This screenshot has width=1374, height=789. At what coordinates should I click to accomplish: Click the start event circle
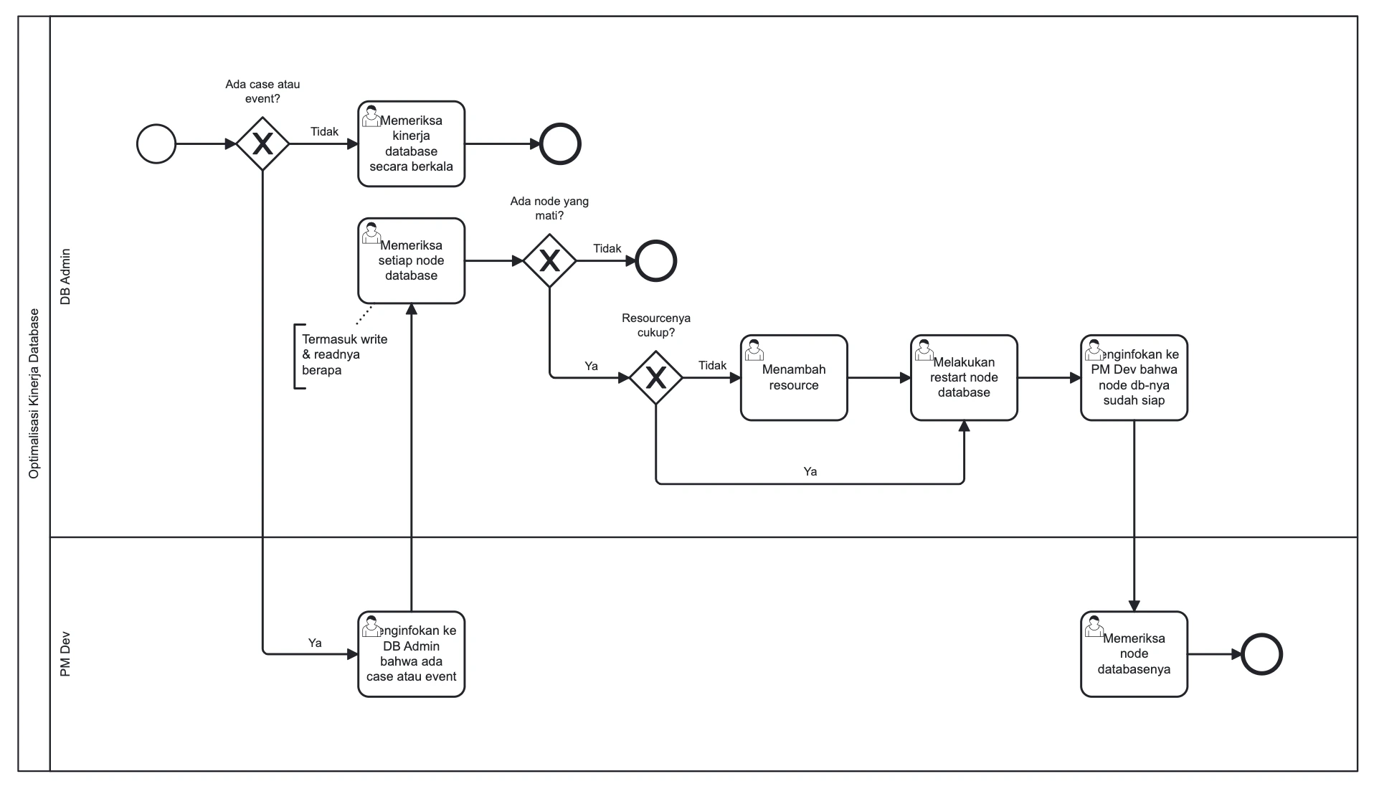coord(156,144)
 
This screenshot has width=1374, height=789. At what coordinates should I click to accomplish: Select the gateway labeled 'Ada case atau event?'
coord(262,144)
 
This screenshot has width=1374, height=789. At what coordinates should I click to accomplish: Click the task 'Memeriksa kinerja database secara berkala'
coord(411,144)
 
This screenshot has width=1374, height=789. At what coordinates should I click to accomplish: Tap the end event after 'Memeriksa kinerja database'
coord(560,144)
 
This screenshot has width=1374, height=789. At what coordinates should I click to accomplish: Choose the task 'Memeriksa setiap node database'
coord(411,261)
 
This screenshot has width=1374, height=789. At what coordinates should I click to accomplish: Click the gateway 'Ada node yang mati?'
coord(549,261)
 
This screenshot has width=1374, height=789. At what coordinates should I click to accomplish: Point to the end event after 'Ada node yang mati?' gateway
coord(656,261)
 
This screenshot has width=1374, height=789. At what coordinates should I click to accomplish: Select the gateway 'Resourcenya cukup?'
coord(656,377)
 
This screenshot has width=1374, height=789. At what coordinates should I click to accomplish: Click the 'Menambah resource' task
coord(794,377)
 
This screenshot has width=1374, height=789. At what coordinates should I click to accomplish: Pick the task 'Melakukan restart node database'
coord(964,377)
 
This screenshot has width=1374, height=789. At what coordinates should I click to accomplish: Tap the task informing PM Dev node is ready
coord(1134,377)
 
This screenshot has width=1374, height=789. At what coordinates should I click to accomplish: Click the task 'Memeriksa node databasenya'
coord(1134,654)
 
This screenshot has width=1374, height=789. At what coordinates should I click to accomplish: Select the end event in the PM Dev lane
coord(1261,654)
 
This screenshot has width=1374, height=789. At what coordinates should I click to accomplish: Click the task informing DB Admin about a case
coord(411,654)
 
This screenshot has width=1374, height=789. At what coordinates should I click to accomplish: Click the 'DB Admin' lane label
coord(65,277)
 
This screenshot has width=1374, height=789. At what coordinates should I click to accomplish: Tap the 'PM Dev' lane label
coord(65,654)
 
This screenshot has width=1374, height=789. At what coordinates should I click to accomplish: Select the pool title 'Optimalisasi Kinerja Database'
coord(34,394)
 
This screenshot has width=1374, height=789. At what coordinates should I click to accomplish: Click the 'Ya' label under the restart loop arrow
coord(810,472)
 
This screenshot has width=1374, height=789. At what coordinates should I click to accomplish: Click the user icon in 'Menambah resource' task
coord(754,351)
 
